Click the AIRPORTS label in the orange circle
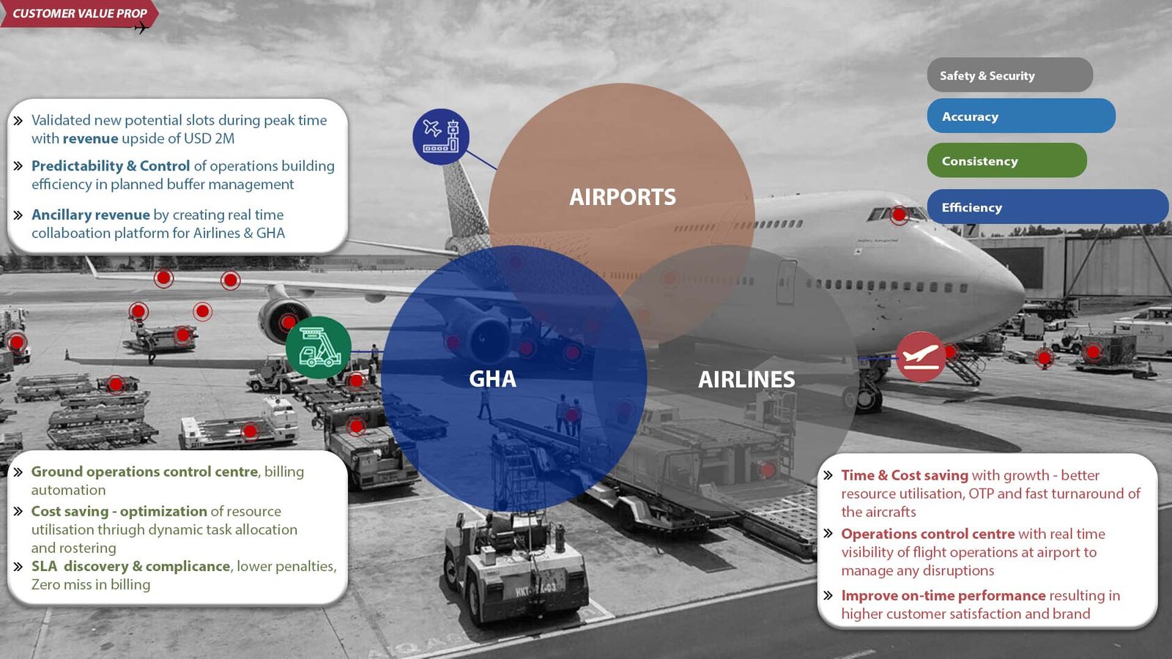click(623, 197)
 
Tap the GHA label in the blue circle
click(492, 379)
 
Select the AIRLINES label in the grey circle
click(746, 379)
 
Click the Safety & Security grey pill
click(1009, 75)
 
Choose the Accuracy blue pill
click(1020, 116)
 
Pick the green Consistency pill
click(1006, 161)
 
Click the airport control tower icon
click(441, 136)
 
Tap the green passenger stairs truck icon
click(319, 348)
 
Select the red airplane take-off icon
click(921, 357)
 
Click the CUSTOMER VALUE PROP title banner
click(79, 13)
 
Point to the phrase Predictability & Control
click(111, 166)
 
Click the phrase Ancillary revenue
click(91, 215)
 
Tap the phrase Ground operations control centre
click(145, 472)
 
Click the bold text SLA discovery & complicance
click(130, 566)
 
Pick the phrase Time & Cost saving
click(905, 475)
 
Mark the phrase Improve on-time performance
click(943, 595)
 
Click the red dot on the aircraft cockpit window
click(899, 215)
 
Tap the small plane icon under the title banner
click(141, 28)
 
